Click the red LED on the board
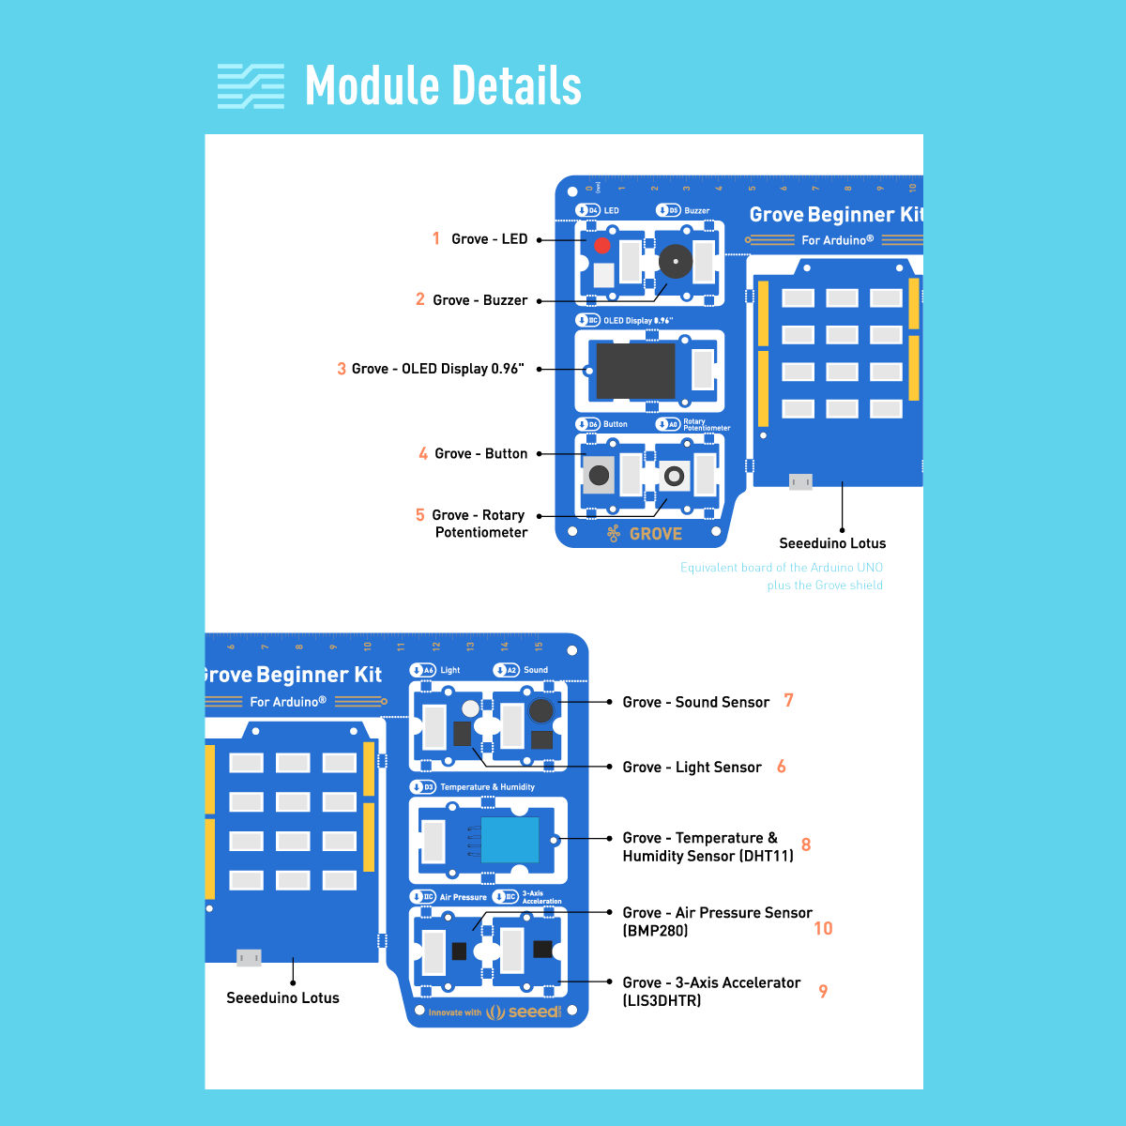(x=602, y=246)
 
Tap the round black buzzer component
(x=675, y=261)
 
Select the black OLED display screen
(x=635, y=371)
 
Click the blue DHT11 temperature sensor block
(x=510, y=840)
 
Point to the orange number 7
(x=788, y=701)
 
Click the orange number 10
(x=823, y=928)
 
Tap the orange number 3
(x=342, y=369)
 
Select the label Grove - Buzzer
(x=479, y=300)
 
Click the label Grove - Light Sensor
(x=692, y=768)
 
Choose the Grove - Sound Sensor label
(x=695, y=702)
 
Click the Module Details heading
(x=443, y=86)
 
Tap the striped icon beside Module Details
(x=251, y=86)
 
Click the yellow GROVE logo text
(x=655, y=534)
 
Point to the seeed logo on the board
(x=533, y=1012)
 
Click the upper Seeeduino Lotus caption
(x=832, y=543)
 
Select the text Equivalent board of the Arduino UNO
(x=782, y=568)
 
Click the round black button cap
(x=599, y=475)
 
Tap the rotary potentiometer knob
(x=674, y=476)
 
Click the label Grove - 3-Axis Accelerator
(x=711, y=983)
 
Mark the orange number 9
(x=823, y=991)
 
